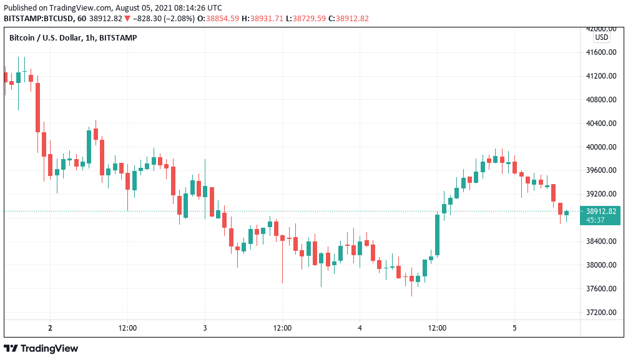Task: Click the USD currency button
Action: tap(602, 37)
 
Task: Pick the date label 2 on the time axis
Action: tap(50, 328)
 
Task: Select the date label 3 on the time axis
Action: tap(205, 328)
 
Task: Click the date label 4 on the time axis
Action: tap(360, 328)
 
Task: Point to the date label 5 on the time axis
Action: tap(514, 328)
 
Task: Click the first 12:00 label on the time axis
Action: tap(127, 328)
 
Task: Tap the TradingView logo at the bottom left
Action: tap(41, 348)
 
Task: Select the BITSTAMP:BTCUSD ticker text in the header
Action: tap(37, 19)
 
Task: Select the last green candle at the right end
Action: tap(567, 213)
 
